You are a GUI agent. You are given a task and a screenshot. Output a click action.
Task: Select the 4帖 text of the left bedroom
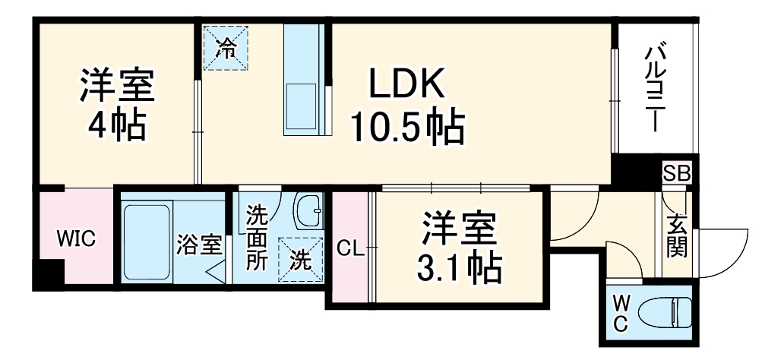pyautogui.click(x=116, y=126)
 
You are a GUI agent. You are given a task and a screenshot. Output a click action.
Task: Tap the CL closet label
pyautogui.click(x=350, y=247)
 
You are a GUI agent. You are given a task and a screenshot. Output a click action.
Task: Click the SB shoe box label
pyautogui.click(x=676, y=173)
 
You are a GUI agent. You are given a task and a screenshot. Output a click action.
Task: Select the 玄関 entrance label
pyautogui.click(x=677, y=237)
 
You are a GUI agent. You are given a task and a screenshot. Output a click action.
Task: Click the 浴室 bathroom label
pyautogui.click(x=200, y=245)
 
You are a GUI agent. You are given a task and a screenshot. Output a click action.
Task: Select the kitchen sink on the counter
pyautogui.click(x=302, y=109)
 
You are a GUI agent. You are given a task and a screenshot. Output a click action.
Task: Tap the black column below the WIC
pyautogui.click(x=51, y=273)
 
